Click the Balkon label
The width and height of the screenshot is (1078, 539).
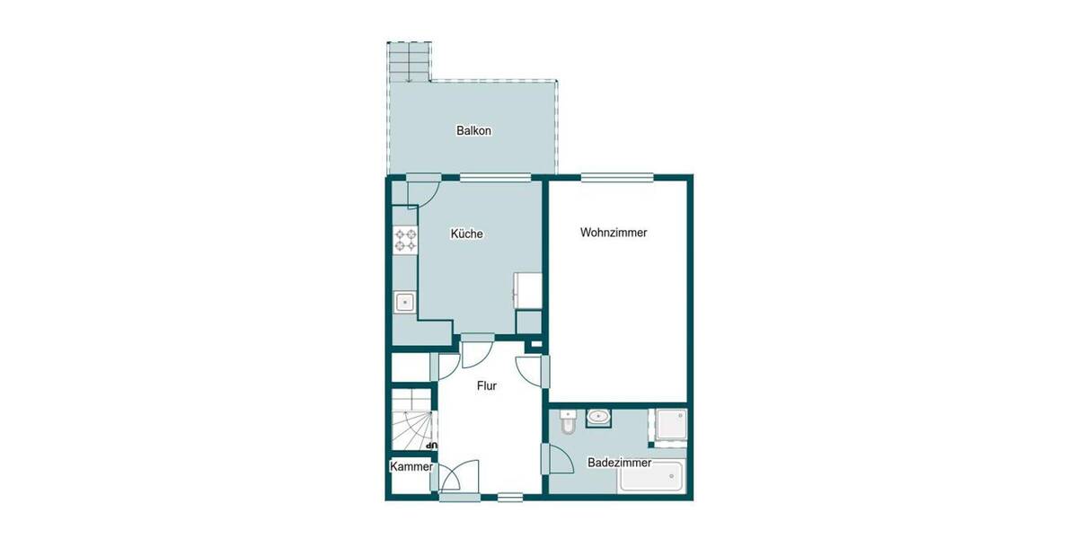point(473,131)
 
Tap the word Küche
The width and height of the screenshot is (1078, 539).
point(466,234)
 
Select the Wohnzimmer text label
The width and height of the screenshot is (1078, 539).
point(614,233)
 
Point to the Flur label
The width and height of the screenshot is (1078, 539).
point(485,386)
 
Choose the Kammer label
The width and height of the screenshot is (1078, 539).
point(411,467)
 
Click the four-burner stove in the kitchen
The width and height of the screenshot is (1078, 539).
point(406,240)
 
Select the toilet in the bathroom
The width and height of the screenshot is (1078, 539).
point(566,421)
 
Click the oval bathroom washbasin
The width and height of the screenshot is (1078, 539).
point(598,417)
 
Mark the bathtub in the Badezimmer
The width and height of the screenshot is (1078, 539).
point(650,477)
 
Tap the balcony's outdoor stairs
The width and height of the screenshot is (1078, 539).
point(410,61)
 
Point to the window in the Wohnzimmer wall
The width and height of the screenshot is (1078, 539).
point(607,177)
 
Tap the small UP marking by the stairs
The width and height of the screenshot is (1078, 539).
point(431,445)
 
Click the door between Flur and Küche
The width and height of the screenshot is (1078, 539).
point(476,350)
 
